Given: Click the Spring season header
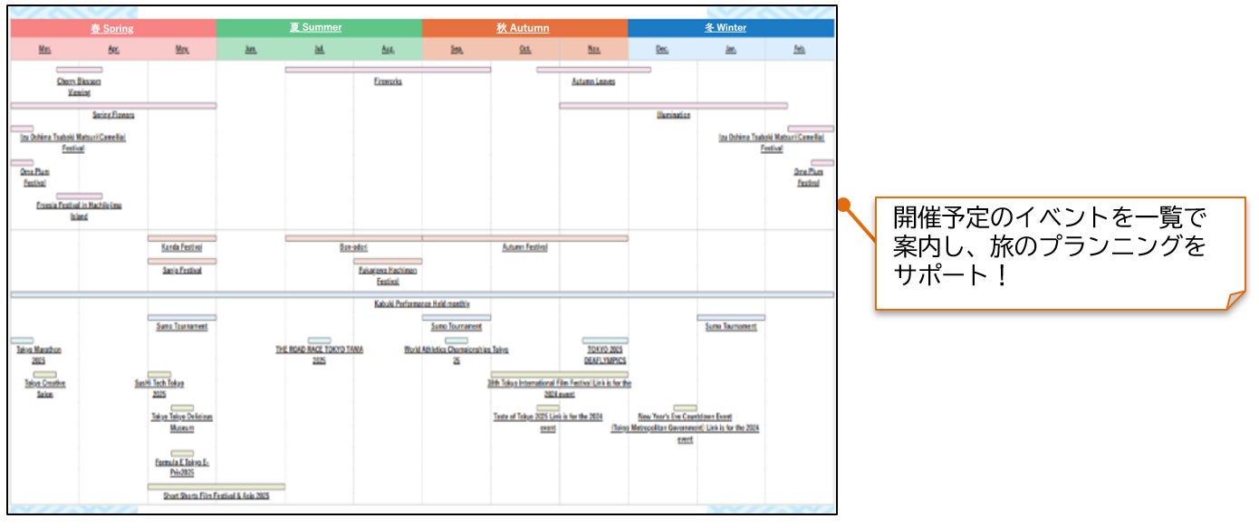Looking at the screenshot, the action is coord(111,28).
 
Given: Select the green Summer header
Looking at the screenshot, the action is coord(316,28).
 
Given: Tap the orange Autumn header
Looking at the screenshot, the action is coord(523,28).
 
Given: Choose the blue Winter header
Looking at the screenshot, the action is coord(726,28).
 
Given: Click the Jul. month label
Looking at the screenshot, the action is coord(320,50).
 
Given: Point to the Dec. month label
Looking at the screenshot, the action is coord(662,50).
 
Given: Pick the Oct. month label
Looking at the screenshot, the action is coord(525,50).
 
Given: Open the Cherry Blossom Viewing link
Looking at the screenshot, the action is coord(79,87).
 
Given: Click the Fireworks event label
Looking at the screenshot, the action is coord(388,82).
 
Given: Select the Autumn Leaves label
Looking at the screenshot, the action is coord(593,82).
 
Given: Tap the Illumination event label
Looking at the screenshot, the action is coord(673,115).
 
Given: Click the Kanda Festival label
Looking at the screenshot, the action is coord(182,247).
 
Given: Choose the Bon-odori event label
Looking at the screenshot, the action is coord(353,247).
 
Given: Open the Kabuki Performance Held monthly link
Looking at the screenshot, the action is coord(421,304).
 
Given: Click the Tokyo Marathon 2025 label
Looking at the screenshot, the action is coord(39,354).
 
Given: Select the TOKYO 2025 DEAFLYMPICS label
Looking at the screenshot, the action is coord(605,354).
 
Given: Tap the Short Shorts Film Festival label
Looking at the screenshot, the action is coord(216,496).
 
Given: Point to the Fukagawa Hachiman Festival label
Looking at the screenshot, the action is coord(388,275).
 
